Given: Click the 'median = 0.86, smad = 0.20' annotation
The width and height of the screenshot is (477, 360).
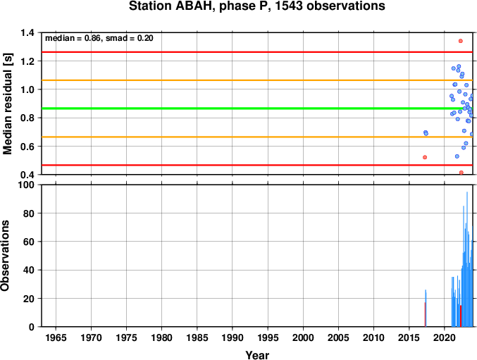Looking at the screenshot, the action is click(99, 38).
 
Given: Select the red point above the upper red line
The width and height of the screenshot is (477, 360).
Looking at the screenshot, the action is click(461, 41).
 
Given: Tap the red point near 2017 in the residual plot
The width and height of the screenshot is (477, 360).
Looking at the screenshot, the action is click(425, 157).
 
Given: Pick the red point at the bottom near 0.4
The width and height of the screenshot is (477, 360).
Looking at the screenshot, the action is click(461, 173).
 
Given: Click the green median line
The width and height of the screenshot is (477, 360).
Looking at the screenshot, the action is click(257, 108).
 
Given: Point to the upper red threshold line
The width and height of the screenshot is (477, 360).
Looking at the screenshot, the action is click(257, 52).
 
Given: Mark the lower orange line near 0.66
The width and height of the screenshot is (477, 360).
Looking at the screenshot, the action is click(257, 137).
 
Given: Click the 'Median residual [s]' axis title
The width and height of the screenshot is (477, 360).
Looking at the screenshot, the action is click(7, 104).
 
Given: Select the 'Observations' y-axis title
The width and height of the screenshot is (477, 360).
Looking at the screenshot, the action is click(5, 256).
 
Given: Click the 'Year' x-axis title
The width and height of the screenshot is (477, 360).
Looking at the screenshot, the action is click(257, 355).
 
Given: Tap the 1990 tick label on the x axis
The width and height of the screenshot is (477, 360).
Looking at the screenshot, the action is click(233, 337).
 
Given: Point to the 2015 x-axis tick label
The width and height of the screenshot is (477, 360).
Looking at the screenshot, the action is click(409, 337).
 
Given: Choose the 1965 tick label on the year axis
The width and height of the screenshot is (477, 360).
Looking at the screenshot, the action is click(56, 337).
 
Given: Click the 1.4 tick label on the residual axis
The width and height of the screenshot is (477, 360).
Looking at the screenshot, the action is click(27, 32).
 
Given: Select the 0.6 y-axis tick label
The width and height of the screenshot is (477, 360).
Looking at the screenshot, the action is click(27, 147).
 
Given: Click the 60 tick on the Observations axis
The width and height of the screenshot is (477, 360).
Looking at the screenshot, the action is click(29, 242).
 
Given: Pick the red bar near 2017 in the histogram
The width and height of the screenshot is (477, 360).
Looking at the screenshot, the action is click(425, 314).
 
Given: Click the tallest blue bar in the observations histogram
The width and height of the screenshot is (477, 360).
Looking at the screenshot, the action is click(467, 259).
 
